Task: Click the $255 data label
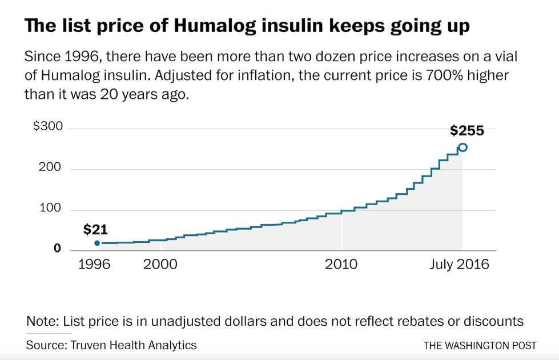click(466, 131)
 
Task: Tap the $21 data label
click(95, 230)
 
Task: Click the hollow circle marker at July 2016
click(463, 147)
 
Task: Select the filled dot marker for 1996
click(97, 243)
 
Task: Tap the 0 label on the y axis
click(57, 249)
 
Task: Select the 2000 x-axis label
click(160, 265)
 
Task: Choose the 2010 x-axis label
click(341, 265)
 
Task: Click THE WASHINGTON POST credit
click(480, 346)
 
